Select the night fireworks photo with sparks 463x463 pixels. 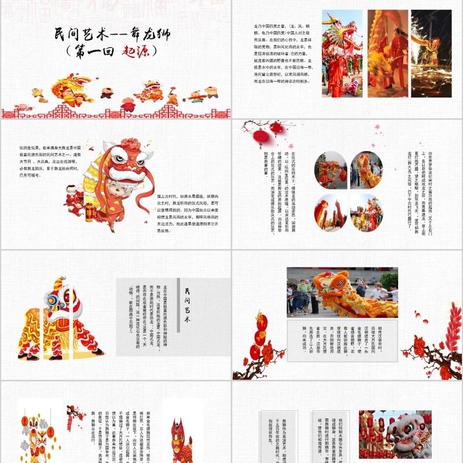[431, 53]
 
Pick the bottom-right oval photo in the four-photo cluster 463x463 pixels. [366, 212]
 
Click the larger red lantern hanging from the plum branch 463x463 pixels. [262, 137]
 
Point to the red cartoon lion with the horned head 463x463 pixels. [181, 440]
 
